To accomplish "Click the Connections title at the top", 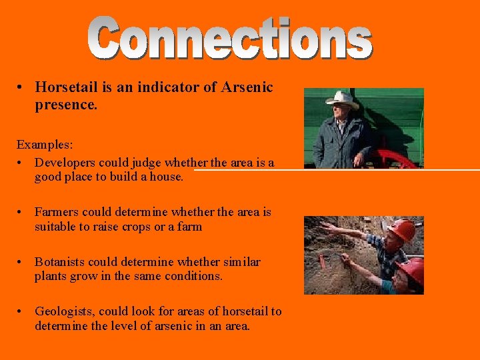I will coord(231,39).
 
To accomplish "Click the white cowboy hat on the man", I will coord(341,99).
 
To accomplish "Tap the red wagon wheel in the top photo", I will coord(393,159).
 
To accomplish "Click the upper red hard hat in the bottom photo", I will coord(402,229).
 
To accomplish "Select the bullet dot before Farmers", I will coord(21,212).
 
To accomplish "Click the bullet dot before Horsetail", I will coord(21,87).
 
